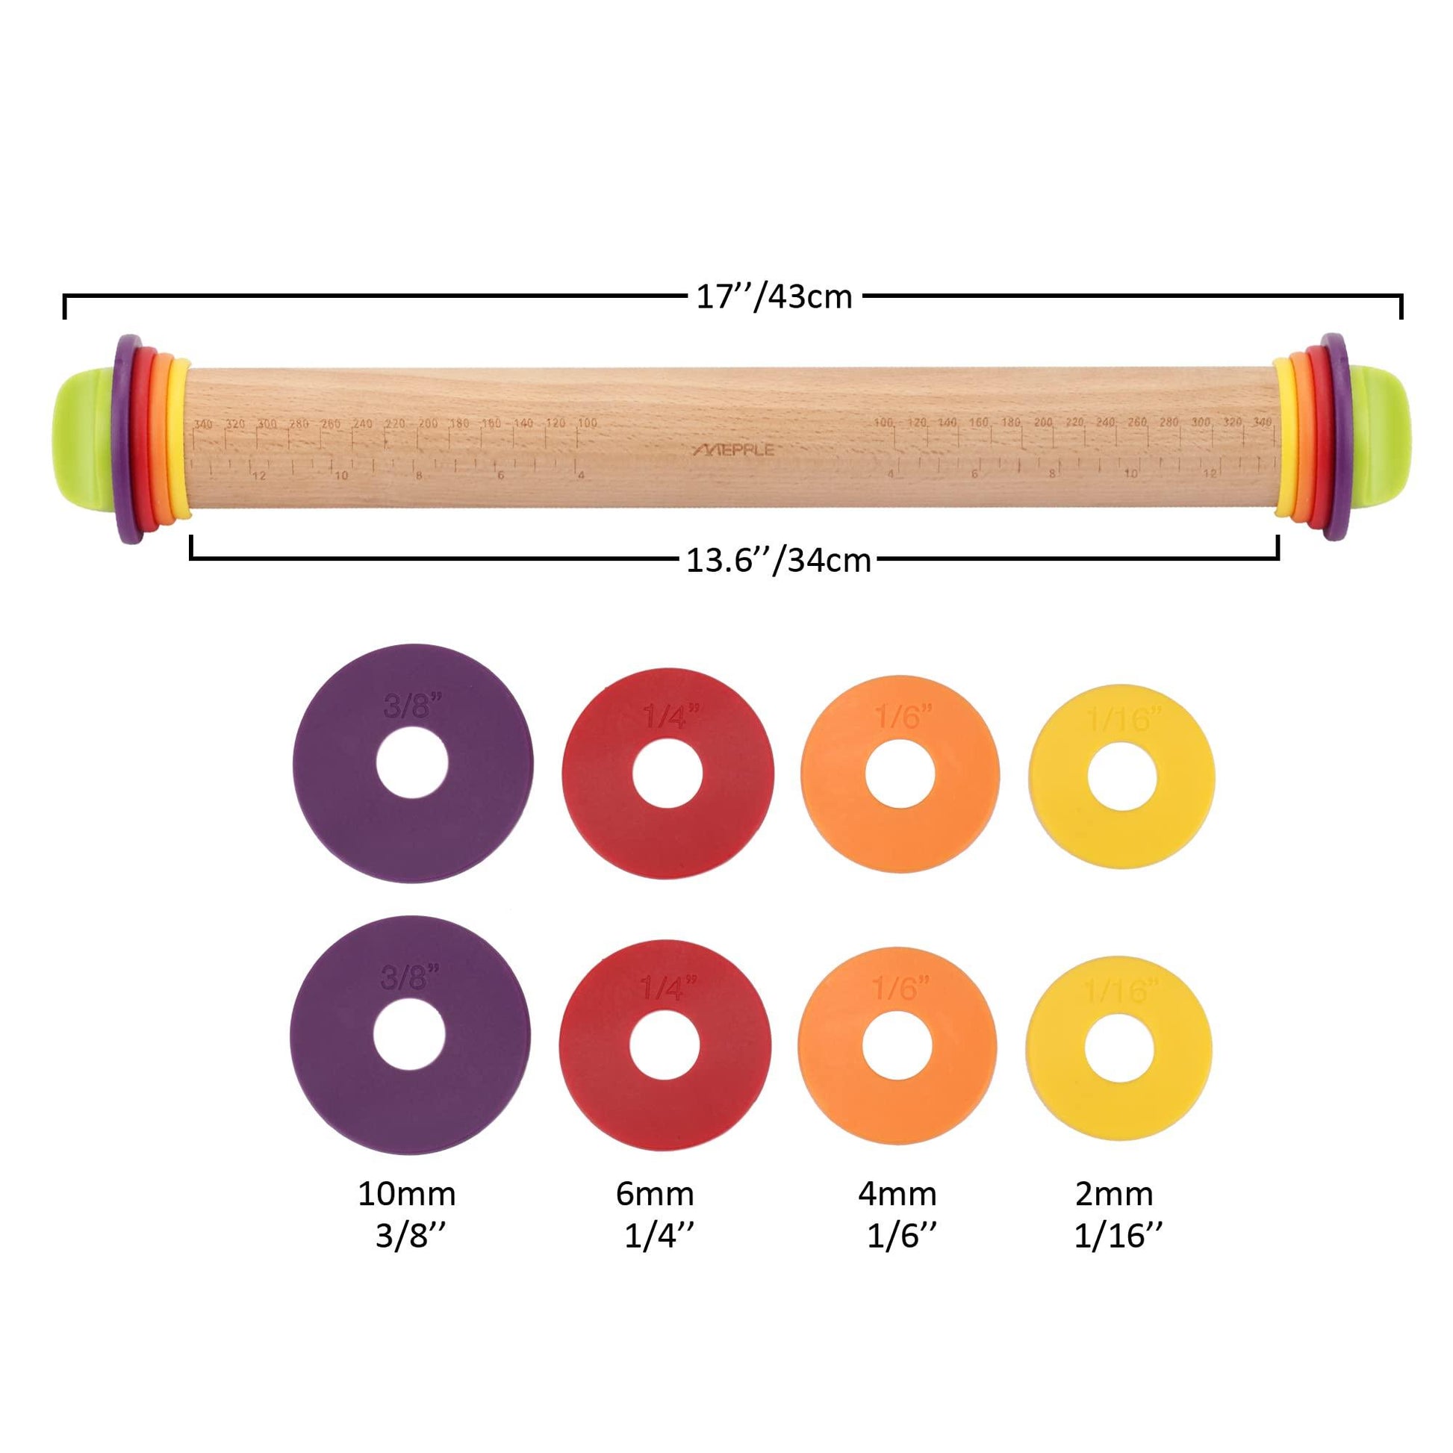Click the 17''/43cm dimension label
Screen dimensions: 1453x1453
point(773,297)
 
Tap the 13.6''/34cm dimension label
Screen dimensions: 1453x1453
point(777,560)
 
